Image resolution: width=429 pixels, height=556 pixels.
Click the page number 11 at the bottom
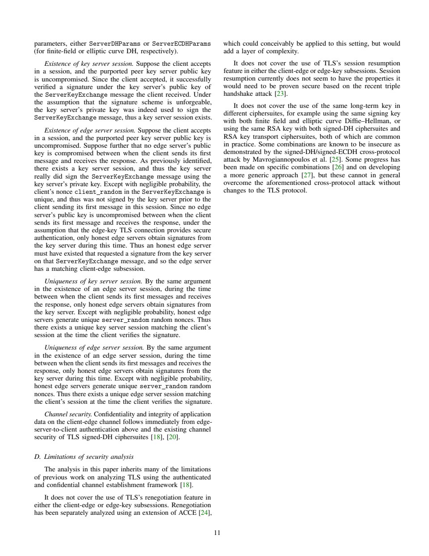pyautogui.click(x=217, y=533)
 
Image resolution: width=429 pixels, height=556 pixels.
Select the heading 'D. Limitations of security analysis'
pyautogui.click(x=84, y=457)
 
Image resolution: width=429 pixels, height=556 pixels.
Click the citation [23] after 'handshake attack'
pyautogui.click(x=281, y=94)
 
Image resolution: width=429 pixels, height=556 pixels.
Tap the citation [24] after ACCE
pyautogui.click(x=205, y=513)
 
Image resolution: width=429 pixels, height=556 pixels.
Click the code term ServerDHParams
pyautogui.click(x=115, y=44)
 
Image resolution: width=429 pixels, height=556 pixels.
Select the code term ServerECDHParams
pyautogui.click(x=181, y=44)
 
